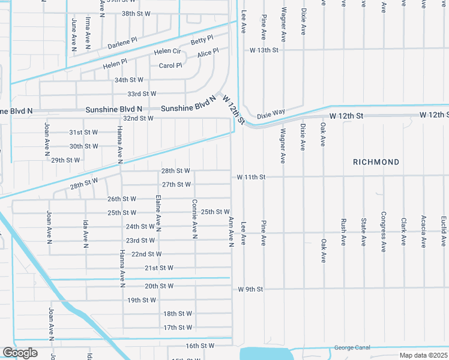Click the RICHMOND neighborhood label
[x=376, y=163]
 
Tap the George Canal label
[x=352, y=347]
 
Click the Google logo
[x=20, y=353]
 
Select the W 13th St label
[x=265, y=50]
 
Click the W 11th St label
[x=251, y=177]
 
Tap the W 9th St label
[x=250, y=289]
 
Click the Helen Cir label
[x=167, y=52]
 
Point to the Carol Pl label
[x=170, y=65]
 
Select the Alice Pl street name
[x=208, y=53]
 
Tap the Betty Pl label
[x=202, y=41]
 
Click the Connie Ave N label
[x=195, y=219]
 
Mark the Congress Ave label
[x=383, y=232]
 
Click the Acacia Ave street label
[x=424, y=232]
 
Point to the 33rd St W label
[x=142, y=94]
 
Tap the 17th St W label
[x=178, y=328]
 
